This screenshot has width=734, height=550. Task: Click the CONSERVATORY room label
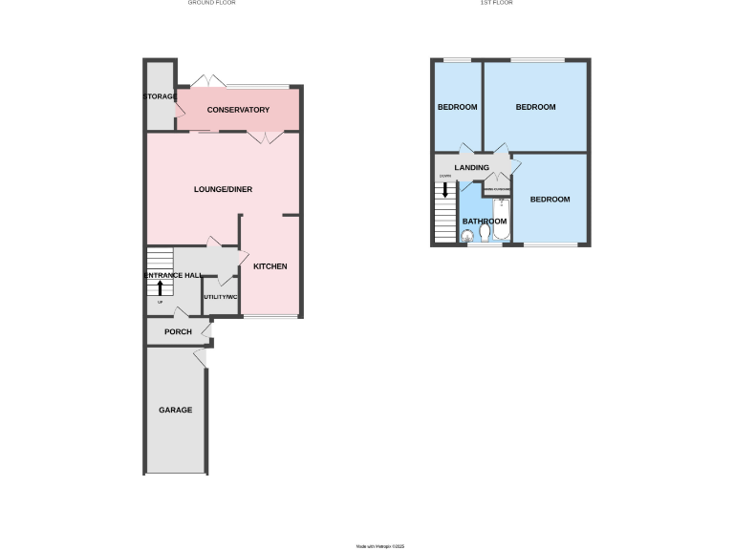(x=238, y=110)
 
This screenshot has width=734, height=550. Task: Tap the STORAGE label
(x=160, y=97)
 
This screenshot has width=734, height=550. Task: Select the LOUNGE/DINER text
(x=223, y=189)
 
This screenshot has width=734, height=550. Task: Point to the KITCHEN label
(x=270, y=265)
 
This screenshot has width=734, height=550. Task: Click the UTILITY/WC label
(x=220, y=298)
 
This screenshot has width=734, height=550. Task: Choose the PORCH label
(x=178, y=331)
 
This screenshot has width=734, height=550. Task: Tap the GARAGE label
(x=175, y=410)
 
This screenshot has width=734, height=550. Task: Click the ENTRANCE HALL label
(x=172, y=275)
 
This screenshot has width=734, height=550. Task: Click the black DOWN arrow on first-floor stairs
(x=444, y=189)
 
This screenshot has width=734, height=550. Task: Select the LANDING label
(x=472, y=168)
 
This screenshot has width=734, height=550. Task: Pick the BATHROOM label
(x=485, y=221)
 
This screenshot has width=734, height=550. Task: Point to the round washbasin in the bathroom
(x=467, y=240)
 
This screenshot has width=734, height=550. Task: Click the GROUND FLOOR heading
(x=211, y=4)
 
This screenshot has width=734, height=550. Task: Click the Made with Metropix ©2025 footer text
(x=380, y=546)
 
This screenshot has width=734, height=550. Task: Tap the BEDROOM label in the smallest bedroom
(x=457, y=107)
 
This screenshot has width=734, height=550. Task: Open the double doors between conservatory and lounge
(x=264, y=138)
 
